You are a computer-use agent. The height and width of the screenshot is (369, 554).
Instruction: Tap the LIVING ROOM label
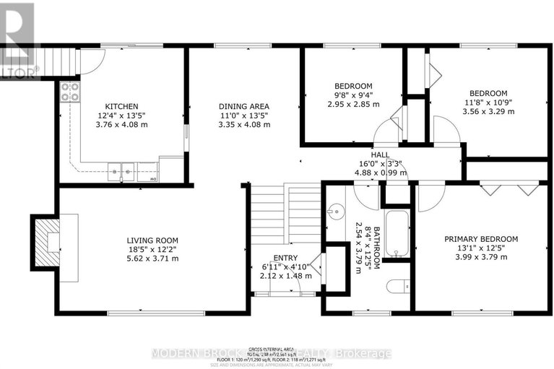point(152,240)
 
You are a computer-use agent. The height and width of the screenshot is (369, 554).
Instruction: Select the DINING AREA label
point(244,106)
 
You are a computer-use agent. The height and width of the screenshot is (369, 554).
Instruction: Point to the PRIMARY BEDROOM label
point(481,239)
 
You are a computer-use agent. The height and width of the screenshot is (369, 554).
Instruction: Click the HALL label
point(380,155)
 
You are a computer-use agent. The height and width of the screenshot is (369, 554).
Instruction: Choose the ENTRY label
point(285,258)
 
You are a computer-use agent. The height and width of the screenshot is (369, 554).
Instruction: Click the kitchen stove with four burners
point(70,92)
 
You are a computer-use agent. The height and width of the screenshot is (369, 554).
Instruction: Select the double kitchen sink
point(121,172)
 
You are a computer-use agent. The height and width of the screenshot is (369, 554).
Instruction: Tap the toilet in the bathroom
point(396,287)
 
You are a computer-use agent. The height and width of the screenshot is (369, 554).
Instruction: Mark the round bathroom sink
point(334,212)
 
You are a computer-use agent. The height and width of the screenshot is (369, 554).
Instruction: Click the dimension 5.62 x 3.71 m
point(152,259)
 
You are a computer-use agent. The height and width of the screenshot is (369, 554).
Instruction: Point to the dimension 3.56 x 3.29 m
point(488,111)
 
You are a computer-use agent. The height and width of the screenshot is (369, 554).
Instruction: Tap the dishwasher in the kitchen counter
point(153,178)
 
